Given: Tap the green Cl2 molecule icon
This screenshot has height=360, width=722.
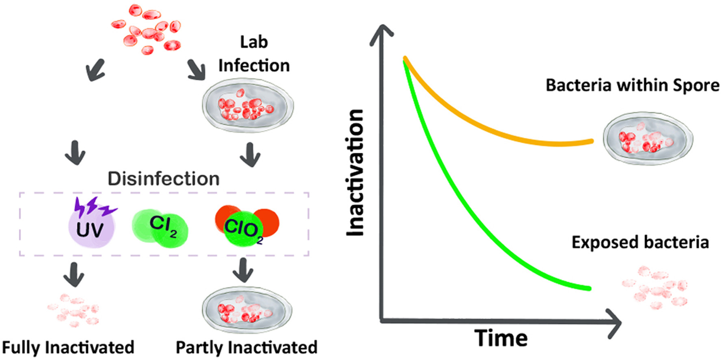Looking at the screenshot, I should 160,228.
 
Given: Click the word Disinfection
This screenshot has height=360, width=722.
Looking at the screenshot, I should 163,179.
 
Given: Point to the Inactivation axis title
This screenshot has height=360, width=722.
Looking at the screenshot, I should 355,173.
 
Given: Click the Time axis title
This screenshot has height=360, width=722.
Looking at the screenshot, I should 501,338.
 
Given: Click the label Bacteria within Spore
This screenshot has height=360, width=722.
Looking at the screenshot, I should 632,85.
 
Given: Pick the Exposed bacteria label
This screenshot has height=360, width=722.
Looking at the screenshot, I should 640,242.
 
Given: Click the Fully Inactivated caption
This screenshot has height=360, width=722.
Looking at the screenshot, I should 68,348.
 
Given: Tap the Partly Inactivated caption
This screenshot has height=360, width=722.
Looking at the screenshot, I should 246,348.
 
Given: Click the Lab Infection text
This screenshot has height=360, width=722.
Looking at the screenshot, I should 254,54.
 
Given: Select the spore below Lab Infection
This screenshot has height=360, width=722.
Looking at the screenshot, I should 248,106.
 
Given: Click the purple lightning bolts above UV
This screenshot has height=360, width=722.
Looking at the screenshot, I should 95,206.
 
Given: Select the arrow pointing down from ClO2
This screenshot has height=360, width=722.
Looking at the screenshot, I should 243,270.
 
